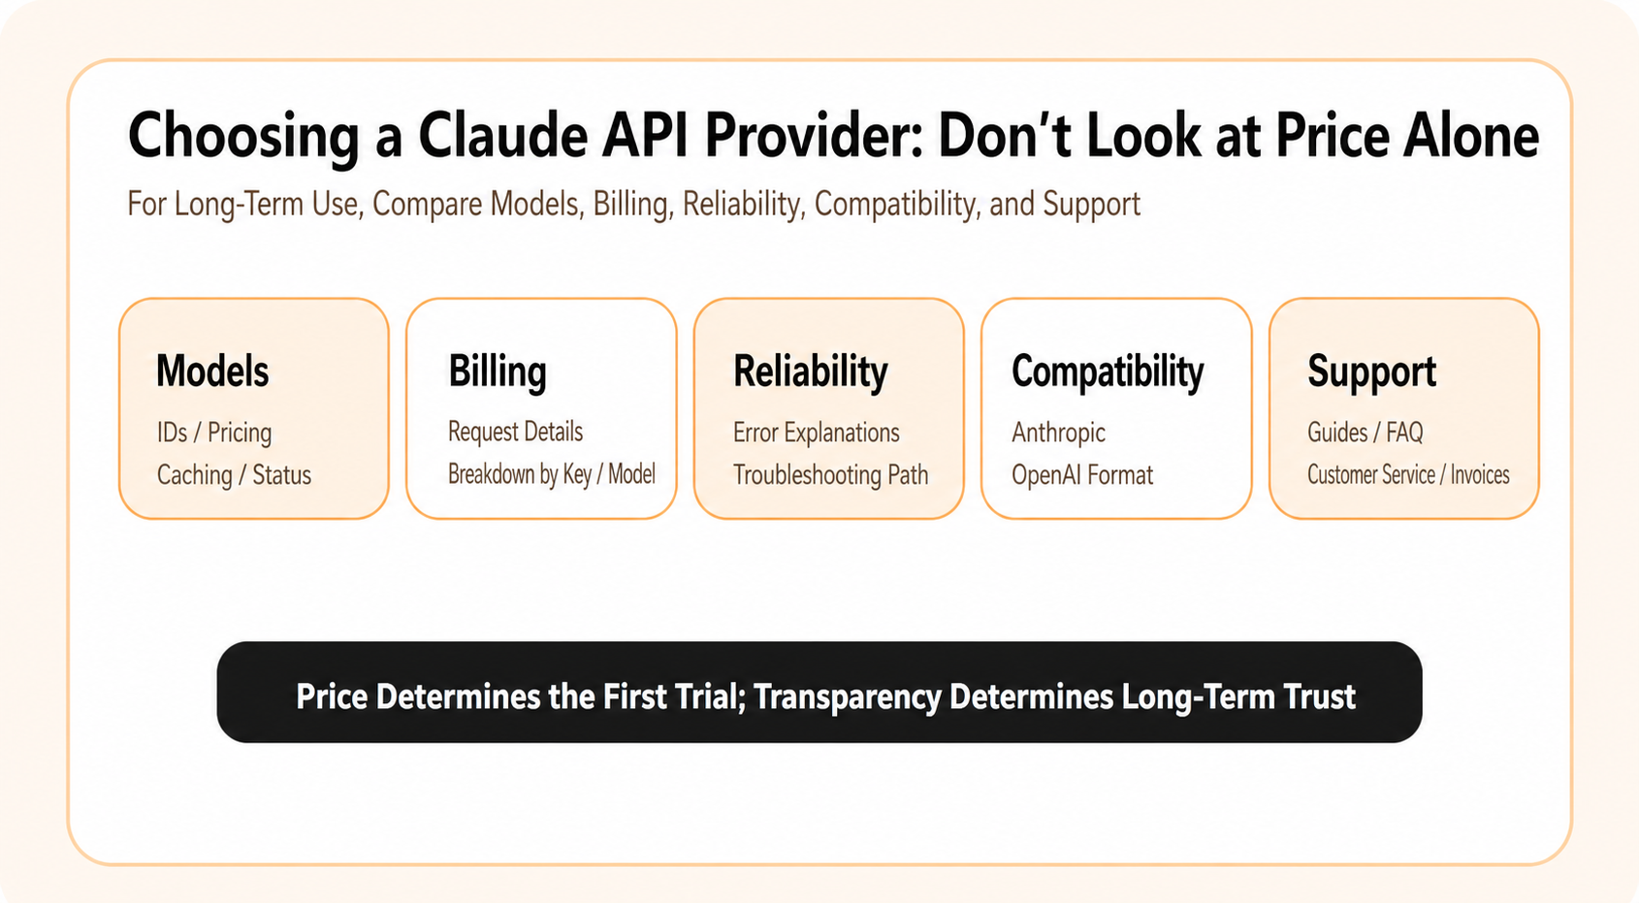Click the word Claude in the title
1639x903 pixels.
[502, 136]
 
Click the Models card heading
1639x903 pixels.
[212, 371]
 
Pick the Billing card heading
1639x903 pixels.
[498, 371]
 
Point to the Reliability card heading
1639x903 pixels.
[811, 371]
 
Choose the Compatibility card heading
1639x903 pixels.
[1108, 371]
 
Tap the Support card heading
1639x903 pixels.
[1372, 371]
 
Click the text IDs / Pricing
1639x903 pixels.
[214, 433]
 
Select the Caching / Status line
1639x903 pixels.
[234, 475]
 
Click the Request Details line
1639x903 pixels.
[516, 432]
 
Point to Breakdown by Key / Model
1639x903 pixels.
[552, 474]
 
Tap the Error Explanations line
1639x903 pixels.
[817, 433]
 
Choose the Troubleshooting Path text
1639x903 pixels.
[830, 475]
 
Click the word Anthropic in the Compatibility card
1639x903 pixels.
[1059, 433]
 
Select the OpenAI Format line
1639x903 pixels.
[1082, 475]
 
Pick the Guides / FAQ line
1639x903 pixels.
[1366, 433]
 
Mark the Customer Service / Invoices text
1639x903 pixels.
[1408, 475]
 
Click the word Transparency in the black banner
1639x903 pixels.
[848, 695]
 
